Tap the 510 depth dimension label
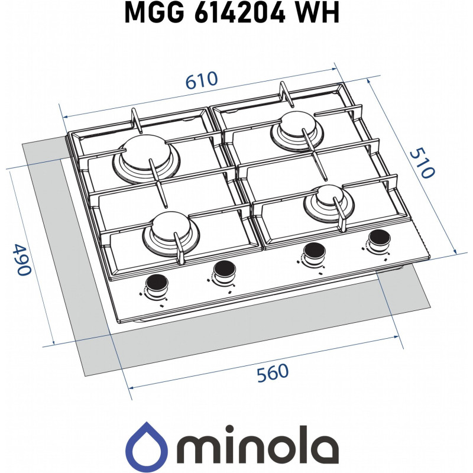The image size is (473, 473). point(422,163)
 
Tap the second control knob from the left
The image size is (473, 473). point(224,269)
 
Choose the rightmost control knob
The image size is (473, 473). point(376,239)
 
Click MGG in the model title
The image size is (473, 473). point(153,13)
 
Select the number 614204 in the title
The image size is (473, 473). point(244,13)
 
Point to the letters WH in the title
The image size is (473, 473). point(319,13)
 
